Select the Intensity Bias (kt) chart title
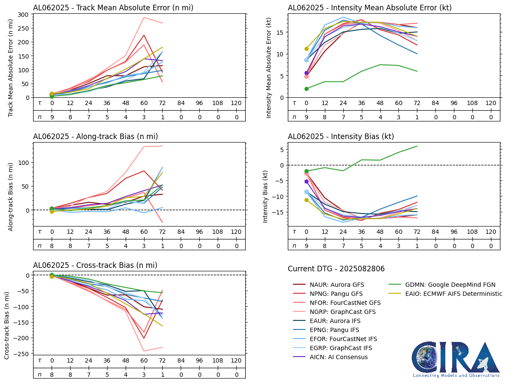[341, 137]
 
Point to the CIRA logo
[456, 360]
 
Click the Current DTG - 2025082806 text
[336, 269]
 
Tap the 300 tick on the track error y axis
[23, 14]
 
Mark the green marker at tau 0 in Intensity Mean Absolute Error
[307, 89]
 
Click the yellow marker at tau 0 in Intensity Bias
[307, 200]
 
